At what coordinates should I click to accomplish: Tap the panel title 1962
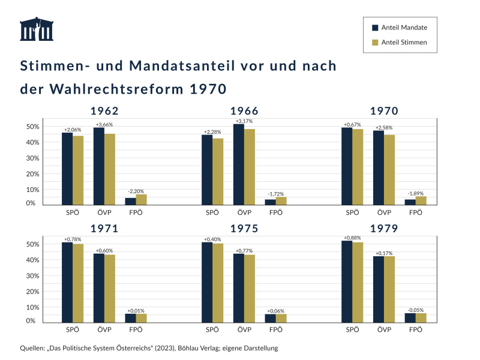click(x=104, y=111)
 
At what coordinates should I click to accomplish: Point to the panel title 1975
click(x=244, y=229)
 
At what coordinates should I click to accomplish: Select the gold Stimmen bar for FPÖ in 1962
click(x=141, y=199)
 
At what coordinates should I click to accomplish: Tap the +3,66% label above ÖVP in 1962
click(x=104, y=124)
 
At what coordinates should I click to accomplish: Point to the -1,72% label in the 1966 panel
click(x=275, y=194)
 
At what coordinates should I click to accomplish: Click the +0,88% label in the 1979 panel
click(x=352, y=238)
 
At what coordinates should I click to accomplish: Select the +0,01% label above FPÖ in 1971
click(x=136, y=311)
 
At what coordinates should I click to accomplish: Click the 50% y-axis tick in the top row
click(x=32, y=127)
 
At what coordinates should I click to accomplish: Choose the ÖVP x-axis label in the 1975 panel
click(x=244, y=330)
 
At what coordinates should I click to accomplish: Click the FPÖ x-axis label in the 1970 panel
click(x=415, y=212)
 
